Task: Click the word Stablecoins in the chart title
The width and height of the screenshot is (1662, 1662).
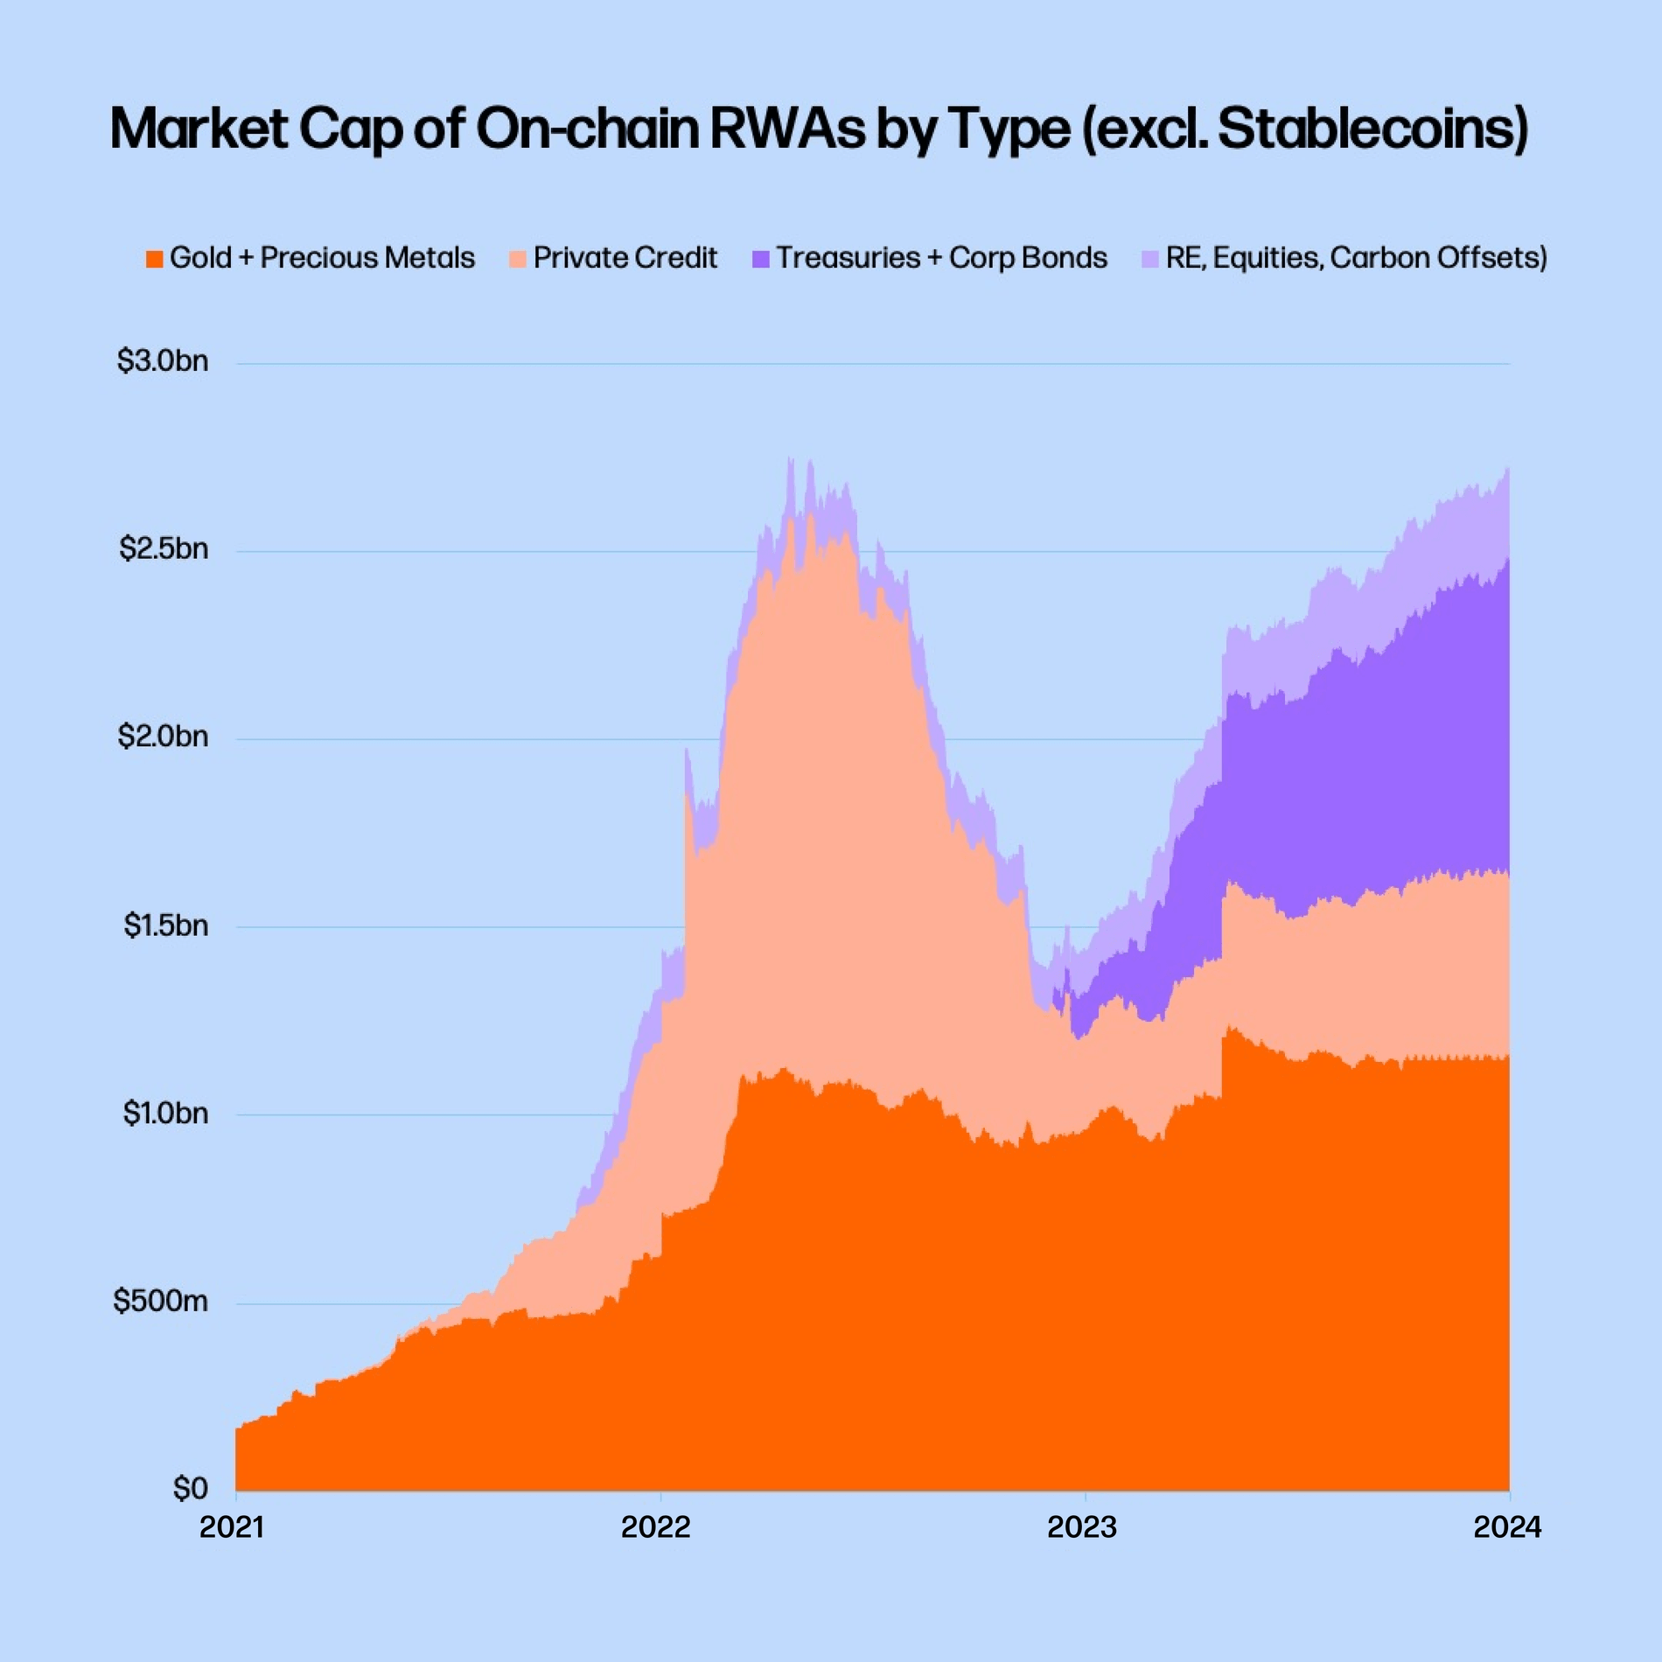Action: [1369, 129]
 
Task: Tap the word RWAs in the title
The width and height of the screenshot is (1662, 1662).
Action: [786, 129]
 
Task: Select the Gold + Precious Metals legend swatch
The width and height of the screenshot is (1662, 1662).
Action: [155, 259]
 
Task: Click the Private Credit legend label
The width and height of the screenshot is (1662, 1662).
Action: [625, 258]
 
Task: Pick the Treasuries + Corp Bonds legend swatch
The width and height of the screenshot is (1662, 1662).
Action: [760, 259]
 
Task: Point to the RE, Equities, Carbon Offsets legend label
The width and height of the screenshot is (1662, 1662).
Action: [1356, 258]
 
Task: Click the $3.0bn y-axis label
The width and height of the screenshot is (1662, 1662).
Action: [163, 360]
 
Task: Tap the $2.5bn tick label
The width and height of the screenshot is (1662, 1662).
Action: [164, 548]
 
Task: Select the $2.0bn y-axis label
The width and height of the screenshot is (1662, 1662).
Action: [163, 737]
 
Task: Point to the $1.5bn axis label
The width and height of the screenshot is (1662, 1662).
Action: [165, 925]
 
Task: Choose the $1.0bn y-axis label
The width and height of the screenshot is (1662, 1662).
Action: [164, 1113]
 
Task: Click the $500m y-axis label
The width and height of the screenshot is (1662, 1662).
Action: [160, 1301]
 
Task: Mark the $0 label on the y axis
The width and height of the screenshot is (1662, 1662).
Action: [190, 1488]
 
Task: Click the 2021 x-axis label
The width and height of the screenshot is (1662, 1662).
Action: [232, 1527]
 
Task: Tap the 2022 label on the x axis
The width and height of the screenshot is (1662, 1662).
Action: [656, 1527]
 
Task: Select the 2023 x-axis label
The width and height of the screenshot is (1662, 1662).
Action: [1082, 1527]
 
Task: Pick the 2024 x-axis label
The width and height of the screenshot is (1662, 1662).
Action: [1507, 1527]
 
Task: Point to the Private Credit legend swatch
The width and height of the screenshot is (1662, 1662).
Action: [518, 259]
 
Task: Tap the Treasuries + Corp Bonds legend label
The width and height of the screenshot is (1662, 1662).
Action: [941, 258]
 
